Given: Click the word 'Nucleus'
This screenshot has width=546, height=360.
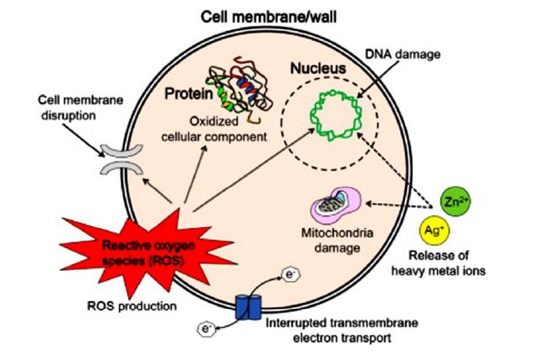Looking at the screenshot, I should pyautogui.click(x=317, y=69).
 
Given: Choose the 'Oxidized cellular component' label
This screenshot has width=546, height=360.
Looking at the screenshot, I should pyautogui.click(x=227, y=131).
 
